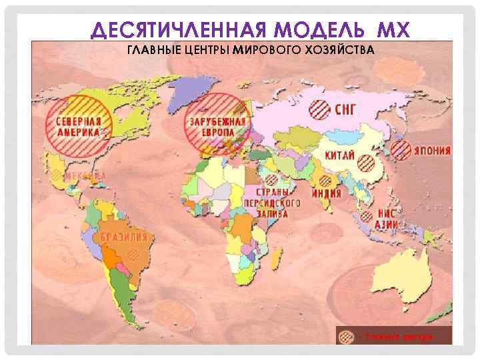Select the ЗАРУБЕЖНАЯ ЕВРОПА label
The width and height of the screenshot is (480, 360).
217,127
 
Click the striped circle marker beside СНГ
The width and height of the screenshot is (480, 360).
321,109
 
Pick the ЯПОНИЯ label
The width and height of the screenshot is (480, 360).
431,151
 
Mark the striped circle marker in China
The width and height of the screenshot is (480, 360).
367,162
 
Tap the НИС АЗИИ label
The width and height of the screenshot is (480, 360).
388,219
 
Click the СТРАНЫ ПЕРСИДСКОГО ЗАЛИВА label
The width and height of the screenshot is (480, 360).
266,202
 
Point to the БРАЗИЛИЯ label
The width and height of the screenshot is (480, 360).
124,237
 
